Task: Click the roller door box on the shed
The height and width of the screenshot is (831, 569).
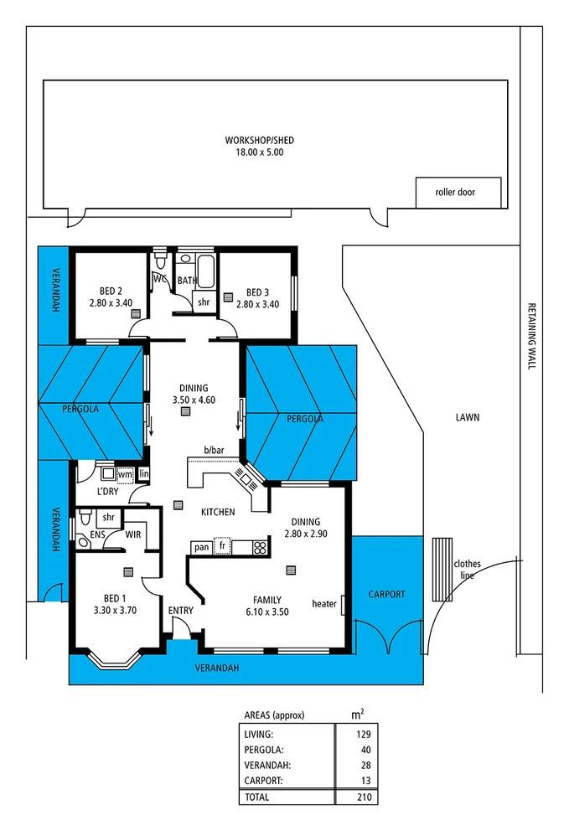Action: click(x=458, y=193)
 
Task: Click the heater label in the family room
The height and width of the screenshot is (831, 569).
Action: click(x=323, y=603)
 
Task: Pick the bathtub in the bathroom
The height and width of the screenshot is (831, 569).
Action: click(x=206, y=272)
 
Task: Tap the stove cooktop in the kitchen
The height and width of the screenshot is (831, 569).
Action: click(x=260, y=549)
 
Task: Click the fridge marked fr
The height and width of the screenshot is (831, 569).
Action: click(x=222, y=547)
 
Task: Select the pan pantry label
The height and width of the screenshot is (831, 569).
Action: click(x=201, y=548)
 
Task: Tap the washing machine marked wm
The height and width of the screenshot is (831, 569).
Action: click(x=124, y=475)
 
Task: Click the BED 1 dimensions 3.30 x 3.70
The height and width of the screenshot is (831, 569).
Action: click(x=114, y=610)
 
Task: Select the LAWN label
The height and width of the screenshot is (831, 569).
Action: click(x=468, y=416)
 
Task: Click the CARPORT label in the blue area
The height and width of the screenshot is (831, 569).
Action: click(x=386, y=594)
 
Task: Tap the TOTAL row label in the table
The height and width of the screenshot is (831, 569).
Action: click(x=256, y=797)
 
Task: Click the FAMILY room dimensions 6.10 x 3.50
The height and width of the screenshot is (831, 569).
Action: click(x=268, y=612)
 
